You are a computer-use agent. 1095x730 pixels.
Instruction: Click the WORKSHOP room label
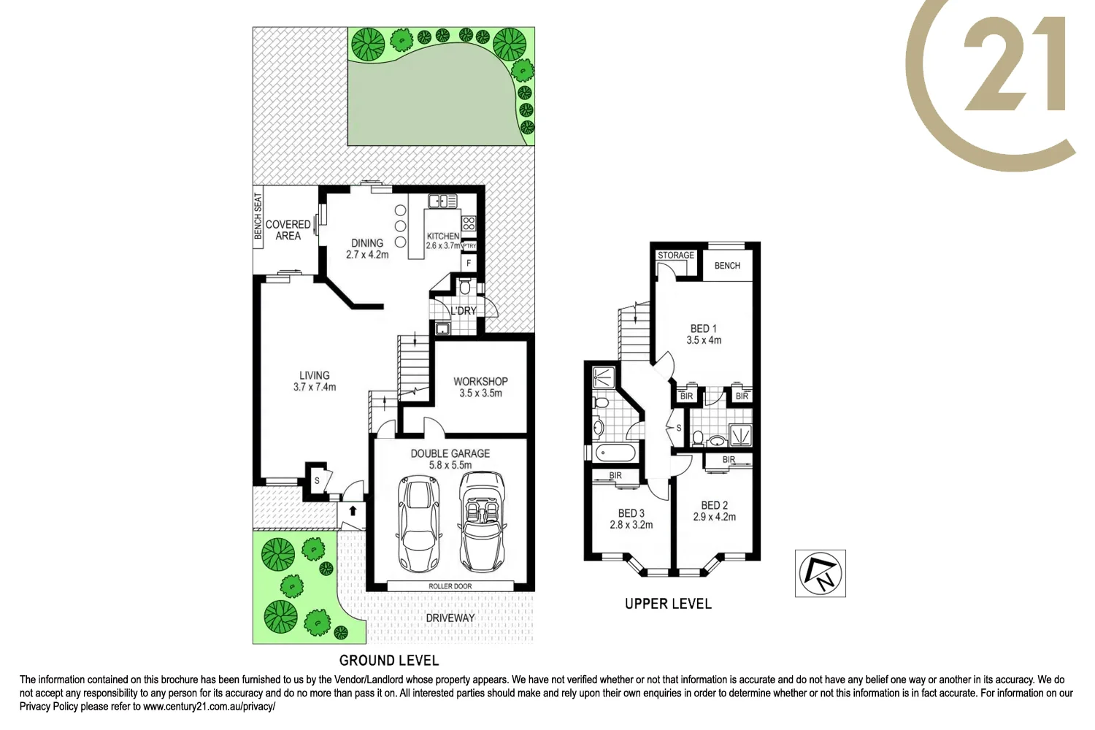click(x=480, y=381)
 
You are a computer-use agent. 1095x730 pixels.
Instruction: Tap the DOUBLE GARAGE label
click(x=450, y=453)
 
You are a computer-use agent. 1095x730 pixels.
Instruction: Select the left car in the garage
click(x=418, y=524)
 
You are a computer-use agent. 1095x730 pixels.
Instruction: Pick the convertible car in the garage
click(x=483, y=523)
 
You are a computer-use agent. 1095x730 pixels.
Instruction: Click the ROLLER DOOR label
click(x=450, y=586)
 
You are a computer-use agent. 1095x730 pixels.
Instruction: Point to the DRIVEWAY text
click(x=450, y=618)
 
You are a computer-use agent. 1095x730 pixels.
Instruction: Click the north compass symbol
click(x=820, y=573)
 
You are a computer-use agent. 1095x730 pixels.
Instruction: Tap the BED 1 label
click(x=704, y=328)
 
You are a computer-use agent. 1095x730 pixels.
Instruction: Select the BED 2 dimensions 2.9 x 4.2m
click(x=714, y=517)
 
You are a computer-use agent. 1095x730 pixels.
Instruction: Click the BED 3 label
click(x=631, y=513)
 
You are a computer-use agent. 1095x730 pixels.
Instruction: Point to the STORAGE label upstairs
click(x=676, y=255)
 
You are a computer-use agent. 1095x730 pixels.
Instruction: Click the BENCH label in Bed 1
click(x=727, y=266)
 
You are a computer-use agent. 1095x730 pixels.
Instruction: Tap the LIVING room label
click(x=315, y=375)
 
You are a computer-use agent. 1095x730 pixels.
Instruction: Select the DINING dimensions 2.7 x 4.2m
click(x=367, y=255)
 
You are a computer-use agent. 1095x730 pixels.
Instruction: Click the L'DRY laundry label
click(x=463, y=310)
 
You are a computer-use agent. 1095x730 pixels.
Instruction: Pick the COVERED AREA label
click(x=288, y=230)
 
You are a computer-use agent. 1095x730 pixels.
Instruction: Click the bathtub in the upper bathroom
click(x=616, y=452)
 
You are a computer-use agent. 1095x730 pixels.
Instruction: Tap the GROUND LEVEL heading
click(x=389, y=661)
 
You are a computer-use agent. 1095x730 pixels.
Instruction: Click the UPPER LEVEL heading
click(x=668, y=604)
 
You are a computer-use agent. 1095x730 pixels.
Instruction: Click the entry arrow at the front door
click(x=353, y=510)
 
